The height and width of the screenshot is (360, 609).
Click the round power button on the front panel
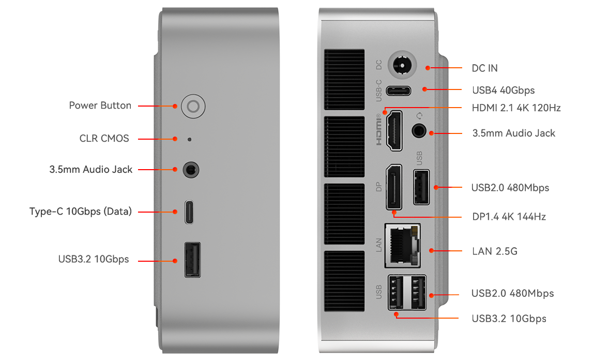pos(193,107)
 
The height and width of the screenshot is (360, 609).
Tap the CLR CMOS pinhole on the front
pos(189,139)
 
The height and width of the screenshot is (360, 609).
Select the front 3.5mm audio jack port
pos(192,169)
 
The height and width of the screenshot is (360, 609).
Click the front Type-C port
pos(190,212)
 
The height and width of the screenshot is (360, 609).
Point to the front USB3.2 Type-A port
pos(192,260)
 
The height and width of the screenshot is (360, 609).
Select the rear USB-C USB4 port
pos(398,91)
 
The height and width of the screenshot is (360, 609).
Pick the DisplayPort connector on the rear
pos(394,187)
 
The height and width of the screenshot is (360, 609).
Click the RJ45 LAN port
pos(403,245)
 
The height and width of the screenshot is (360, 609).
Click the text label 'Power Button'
pos(100,106)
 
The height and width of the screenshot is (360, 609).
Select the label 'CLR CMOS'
pos(104,139)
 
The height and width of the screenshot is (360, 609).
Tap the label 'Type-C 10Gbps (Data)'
pos(81,212)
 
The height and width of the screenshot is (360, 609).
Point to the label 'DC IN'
pos(485,68)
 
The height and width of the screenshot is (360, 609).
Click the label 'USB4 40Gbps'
pos(503,91)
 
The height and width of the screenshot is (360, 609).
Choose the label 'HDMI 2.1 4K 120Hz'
pos(516,108)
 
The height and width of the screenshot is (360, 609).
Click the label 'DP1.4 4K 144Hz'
pos(509,217)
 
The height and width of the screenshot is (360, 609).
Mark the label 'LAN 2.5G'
pos(494,252)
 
